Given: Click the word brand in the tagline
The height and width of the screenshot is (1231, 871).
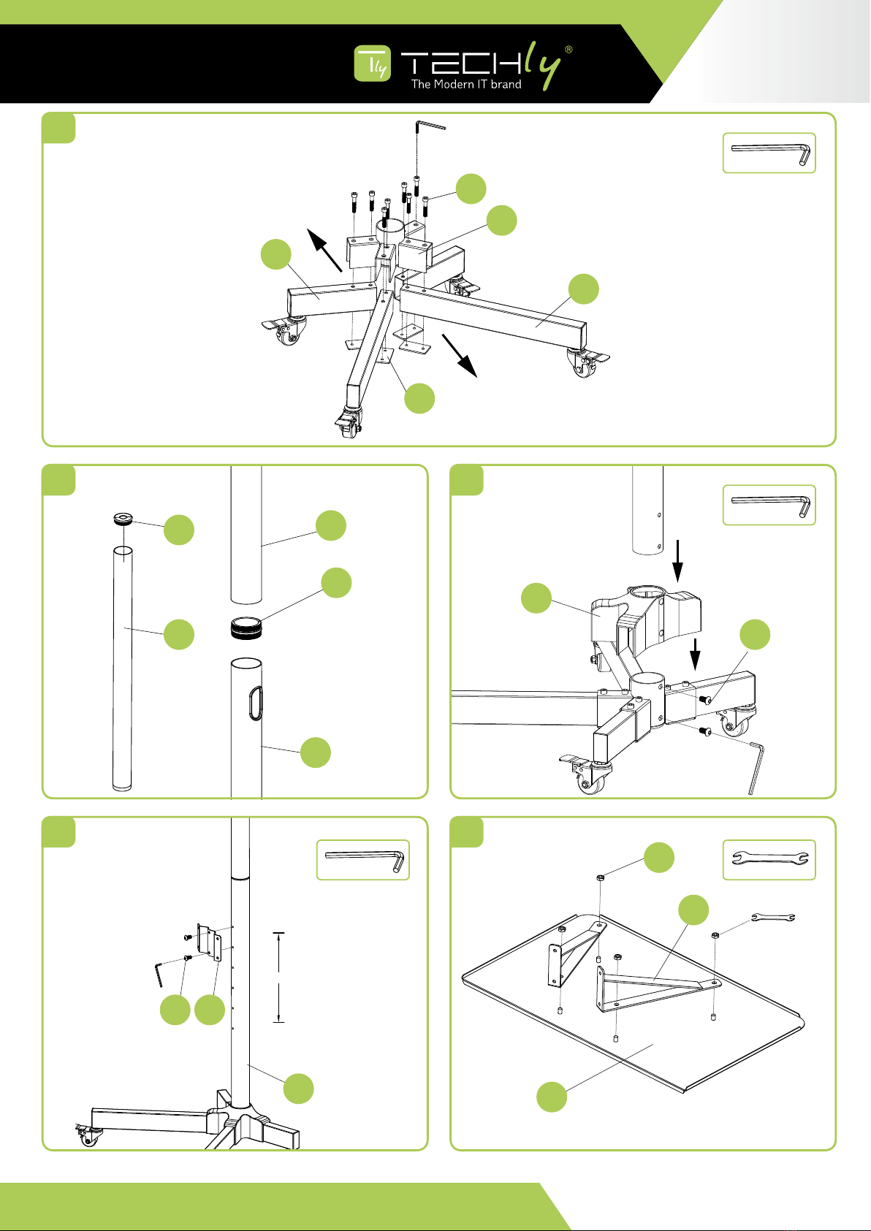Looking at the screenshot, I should coord(506,85).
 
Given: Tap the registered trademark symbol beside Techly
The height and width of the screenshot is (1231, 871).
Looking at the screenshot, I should coord(568,50).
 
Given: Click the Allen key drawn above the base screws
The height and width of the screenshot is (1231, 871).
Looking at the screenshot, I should coord(429,126).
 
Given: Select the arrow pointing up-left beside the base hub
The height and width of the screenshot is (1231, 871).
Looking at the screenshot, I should coord(324,249).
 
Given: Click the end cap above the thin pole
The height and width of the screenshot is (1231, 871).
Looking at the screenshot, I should coord(123,520).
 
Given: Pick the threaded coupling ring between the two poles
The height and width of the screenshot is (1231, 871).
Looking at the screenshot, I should coord(247,628).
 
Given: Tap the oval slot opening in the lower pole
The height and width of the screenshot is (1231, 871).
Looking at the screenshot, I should coord(254,703).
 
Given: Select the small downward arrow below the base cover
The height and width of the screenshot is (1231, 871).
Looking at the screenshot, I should coord(696,653).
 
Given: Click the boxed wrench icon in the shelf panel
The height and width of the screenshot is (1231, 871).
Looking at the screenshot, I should coord(769,860).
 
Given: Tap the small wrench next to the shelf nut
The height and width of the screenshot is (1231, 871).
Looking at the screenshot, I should coord(772,918).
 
